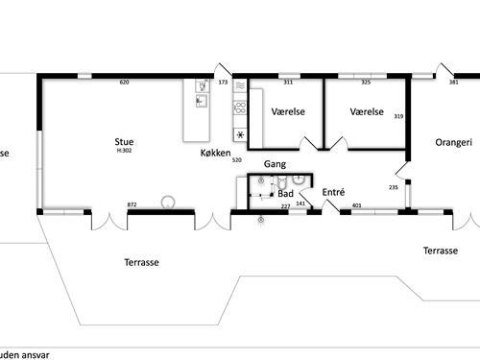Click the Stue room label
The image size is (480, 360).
(x=124, y=141)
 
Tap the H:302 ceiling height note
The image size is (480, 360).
(x=124, y=151)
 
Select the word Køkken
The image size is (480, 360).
(x=215, y=154)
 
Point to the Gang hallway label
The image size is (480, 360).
(x=276, y=164)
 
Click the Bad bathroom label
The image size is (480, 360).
(x=285, y=193)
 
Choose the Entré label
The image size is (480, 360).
(x=333, y=192)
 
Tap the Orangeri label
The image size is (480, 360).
(x=453, y=142)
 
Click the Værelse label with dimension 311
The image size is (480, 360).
(x=288, y=112)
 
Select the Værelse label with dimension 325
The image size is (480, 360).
(x=367, y=112)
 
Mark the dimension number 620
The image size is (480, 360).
(x=124, y=83)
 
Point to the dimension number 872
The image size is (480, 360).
(x=132, y=204)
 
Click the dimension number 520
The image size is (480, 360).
(x=237, y=160)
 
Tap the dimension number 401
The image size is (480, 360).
(x=357, y=205)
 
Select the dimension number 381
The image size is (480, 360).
(x=454, y=83)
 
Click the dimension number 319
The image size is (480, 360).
(x=398, y=116)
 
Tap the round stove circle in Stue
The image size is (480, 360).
(x=169, y=203)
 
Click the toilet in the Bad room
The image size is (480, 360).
(x=299, y=179)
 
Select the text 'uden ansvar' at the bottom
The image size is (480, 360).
(x=25, y=353)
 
